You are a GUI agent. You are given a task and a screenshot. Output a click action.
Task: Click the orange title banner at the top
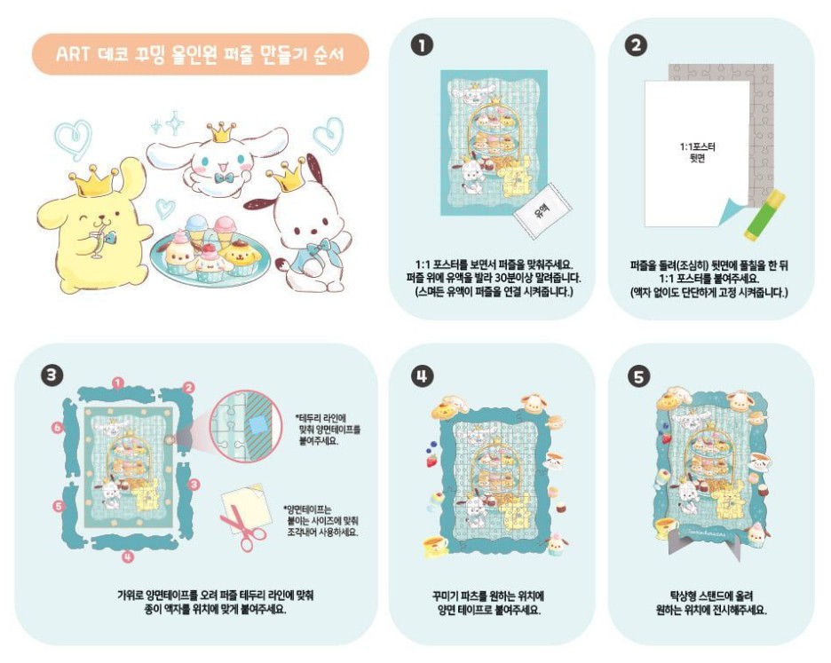pyautogui.click(x=200, y=55)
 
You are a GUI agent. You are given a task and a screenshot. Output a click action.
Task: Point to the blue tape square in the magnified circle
pyautogui.click(x=257, y=426)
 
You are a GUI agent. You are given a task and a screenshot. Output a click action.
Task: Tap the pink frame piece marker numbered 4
pyautogui.click(x=128, y=557)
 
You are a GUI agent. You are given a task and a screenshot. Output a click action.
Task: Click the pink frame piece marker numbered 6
pyautogui.click(x=58, y=428)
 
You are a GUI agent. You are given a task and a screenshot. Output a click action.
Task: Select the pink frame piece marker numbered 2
pyautogui.click(x=188, y=387)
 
